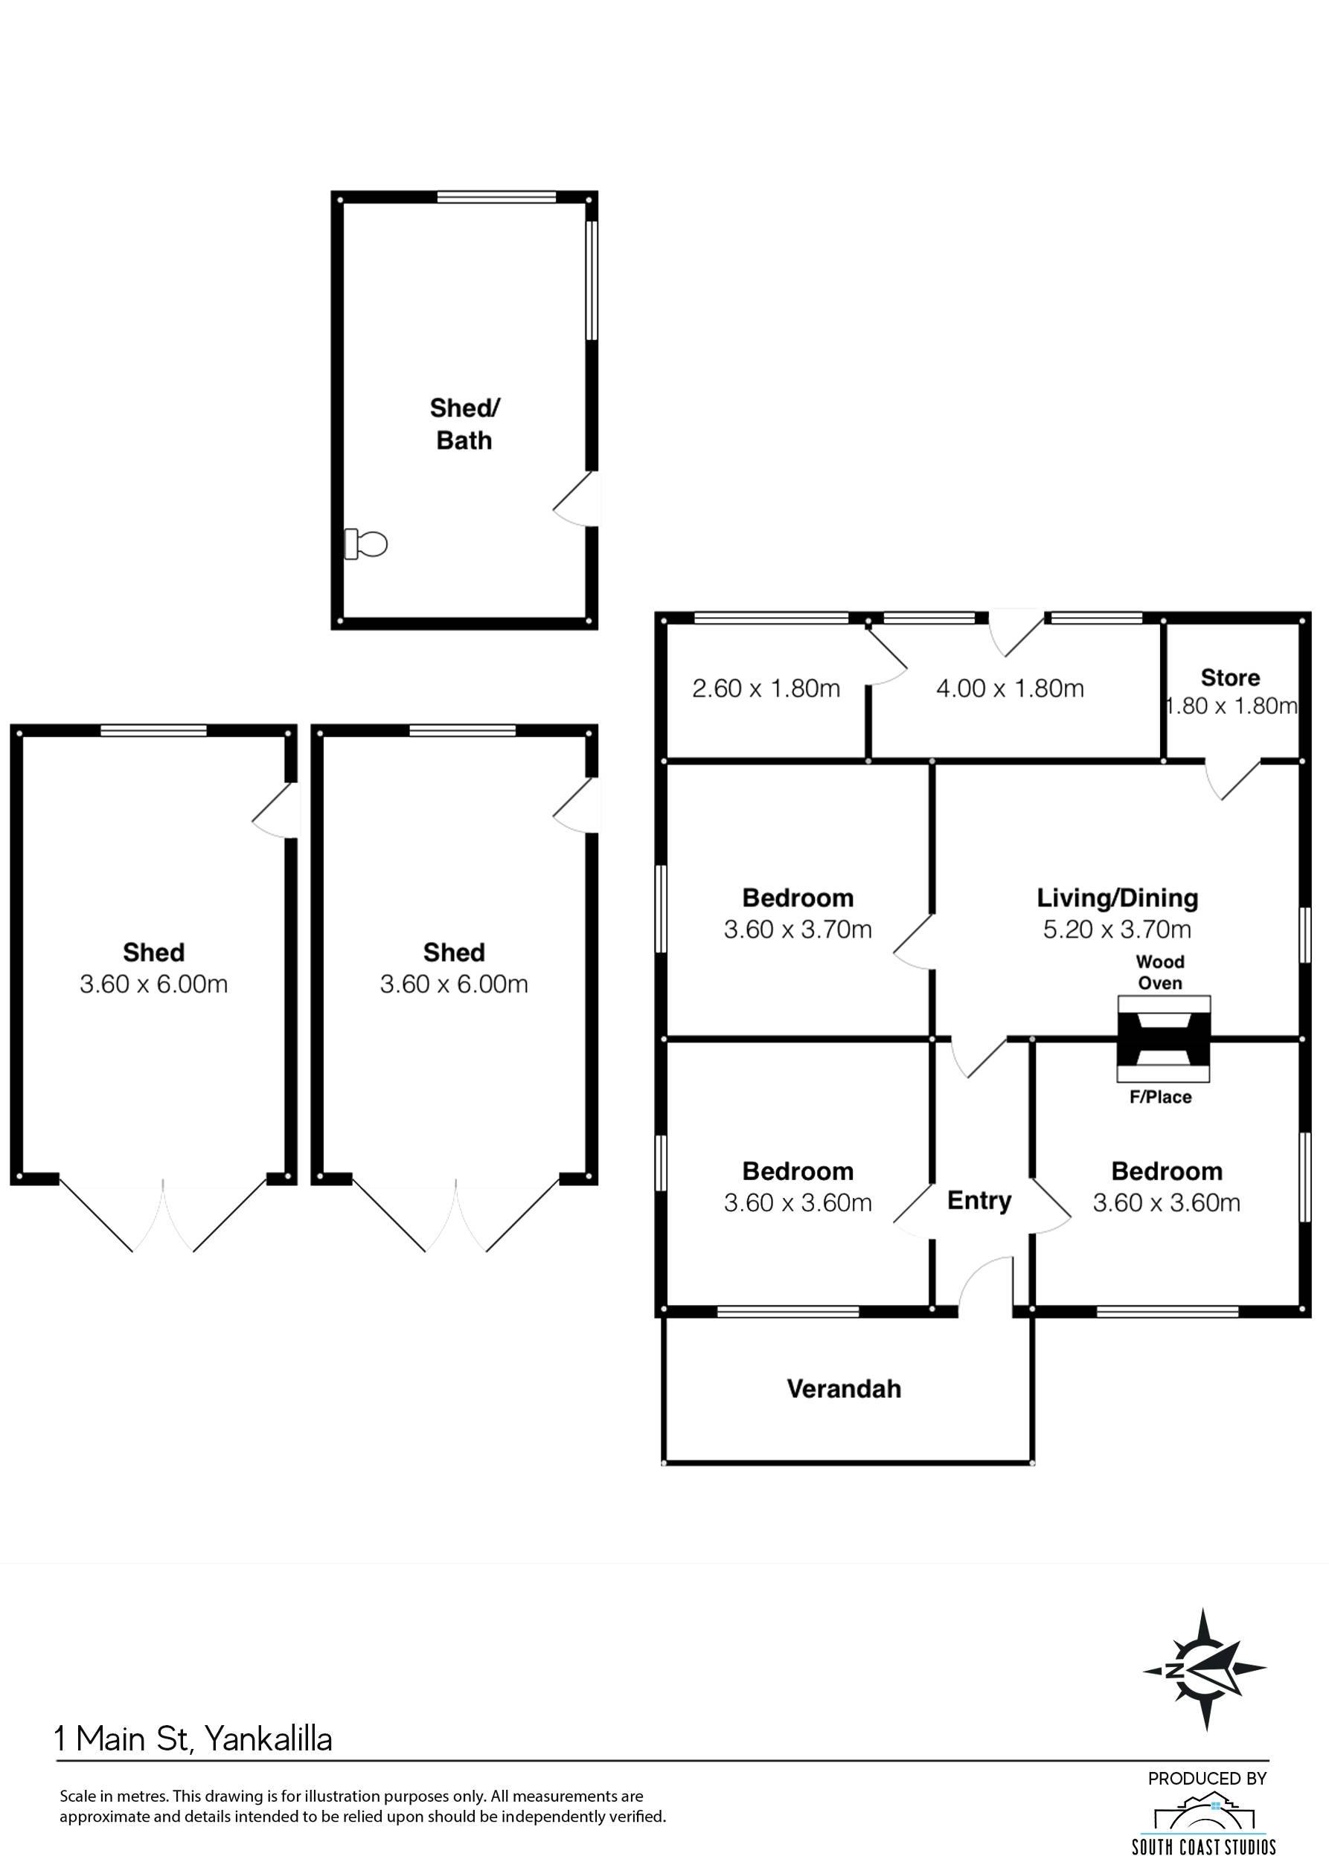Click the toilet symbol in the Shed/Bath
coord(365,544)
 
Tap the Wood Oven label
coord(1160,973)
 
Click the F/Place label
coord(1160,1097)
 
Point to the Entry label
coord(979,1200)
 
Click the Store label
coord(1230,677)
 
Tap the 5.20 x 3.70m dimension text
coord(1117,928)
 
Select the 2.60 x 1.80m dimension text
coord(766,689)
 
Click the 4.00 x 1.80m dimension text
coord(1010,689)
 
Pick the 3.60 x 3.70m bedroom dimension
coord(798,928)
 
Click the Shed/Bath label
coord(464,424)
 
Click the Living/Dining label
coord(1117,898)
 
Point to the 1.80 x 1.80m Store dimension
coord(1231,706)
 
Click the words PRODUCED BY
coord(1207,1778)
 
